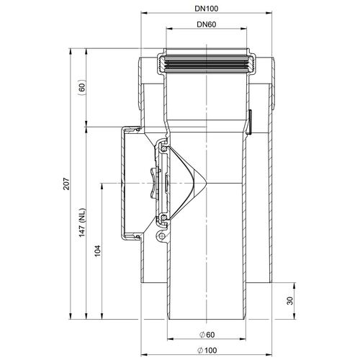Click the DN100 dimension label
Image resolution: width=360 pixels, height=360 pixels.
(x=207, y=9)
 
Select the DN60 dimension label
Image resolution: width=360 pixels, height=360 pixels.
(x=207, y=24)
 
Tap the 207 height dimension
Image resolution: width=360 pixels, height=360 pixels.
(x=66, y=184)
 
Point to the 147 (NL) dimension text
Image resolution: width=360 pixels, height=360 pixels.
(x=83, y=222)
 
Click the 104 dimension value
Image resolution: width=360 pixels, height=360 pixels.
(x=97, y=251)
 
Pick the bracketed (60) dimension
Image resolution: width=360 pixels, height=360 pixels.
(x=82, y=87)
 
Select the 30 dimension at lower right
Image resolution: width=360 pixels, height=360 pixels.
(x=290, y=301)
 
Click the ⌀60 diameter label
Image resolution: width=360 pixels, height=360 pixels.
(x=207, y=335)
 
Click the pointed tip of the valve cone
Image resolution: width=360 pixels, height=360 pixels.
(x=206, y=184)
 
